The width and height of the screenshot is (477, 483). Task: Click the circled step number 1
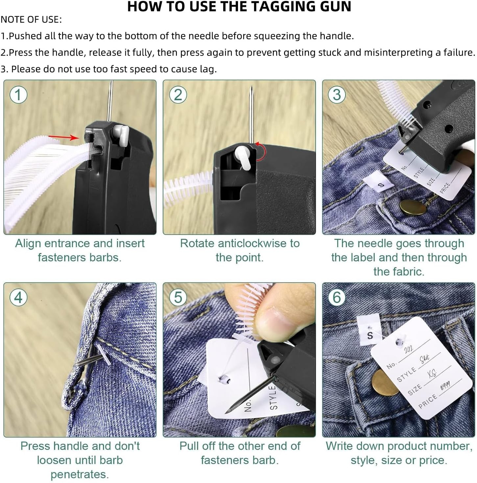(18, 95)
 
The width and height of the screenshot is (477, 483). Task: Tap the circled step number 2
(178, 95)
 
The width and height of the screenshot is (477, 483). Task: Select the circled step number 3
(337, 95)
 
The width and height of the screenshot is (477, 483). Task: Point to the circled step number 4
(18, 297)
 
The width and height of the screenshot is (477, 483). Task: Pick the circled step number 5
(178, 297)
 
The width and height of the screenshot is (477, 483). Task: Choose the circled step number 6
(337, 297)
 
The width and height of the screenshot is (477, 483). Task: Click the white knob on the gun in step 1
(121, 135)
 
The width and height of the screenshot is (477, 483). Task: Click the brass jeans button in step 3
(413, 207)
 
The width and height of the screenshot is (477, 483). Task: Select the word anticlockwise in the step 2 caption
(252, 243)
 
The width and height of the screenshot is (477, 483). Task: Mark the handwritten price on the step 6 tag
(445, 386)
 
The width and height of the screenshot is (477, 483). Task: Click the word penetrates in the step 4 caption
(80, 474)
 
